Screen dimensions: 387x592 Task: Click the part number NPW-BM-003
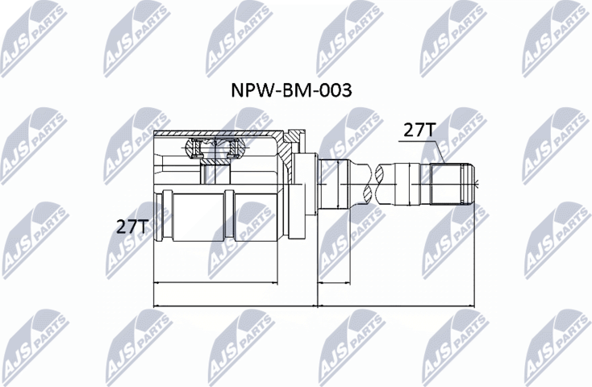[x=291, y=91]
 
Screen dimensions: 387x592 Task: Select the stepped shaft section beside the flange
[x=334, y=184]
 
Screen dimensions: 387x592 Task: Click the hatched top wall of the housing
[x=218, y=134]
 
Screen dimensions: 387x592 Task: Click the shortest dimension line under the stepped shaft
[x=334, y=283]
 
